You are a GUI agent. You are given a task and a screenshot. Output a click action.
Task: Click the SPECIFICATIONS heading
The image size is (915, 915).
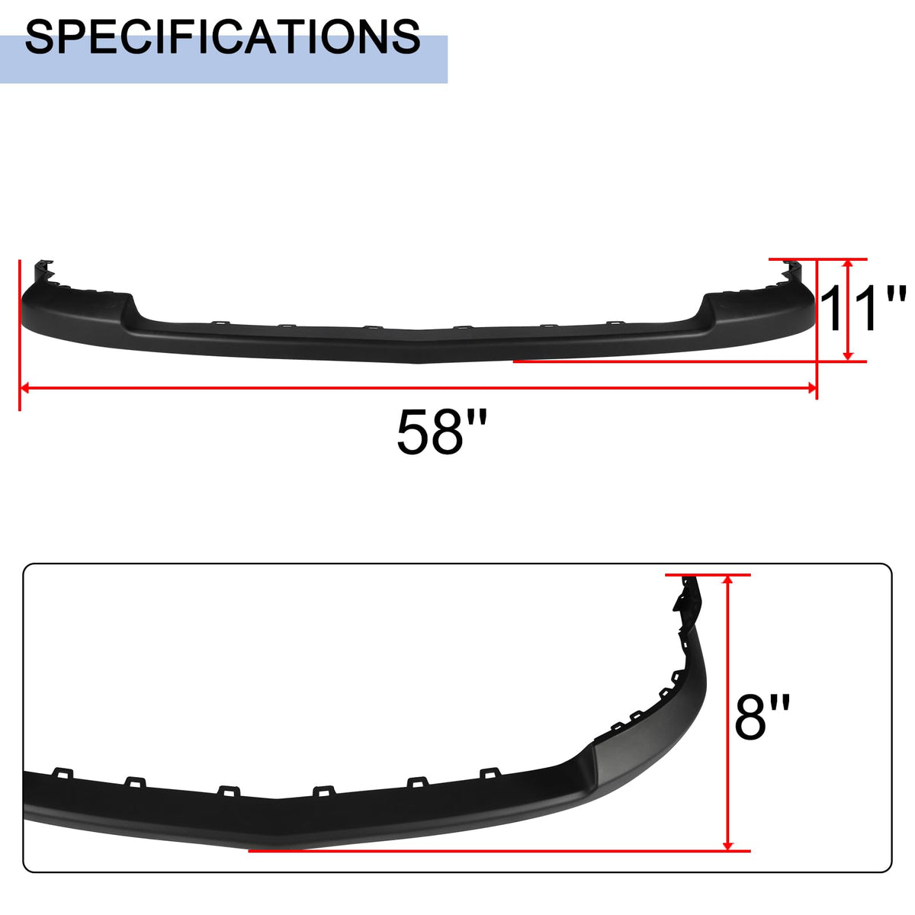click(223, 37)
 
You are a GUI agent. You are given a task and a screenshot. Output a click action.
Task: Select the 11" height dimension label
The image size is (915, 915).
click(862, 309)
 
